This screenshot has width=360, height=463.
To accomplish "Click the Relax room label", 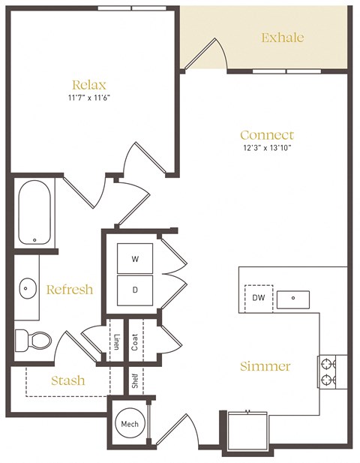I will tap(88, 84).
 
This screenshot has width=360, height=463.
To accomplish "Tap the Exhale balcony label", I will tap(282, 37).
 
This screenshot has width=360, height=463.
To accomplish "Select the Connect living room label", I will tap(266, 135).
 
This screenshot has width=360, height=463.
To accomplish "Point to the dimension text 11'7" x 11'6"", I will tap(88, 98).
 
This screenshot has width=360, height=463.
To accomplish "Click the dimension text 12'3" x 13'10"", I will tap(266, 149).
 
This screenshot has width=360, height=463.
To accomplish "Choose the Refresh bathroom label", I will tap(70, 290).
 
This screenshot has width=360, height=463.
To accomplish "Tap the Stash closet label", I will tap(68, 380).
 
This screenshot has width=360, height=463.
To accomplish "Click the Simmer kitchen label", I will tap(265, 366).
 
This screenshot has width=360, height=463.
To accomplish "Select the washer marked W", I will tap(135, 259).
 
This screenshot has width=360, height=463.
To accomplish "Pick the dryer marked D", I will tap(135, 288).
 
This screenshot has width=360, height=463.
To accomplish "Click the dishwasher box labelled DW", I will tap(257, 298).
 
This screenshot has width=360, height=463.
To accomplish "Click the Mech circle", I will tap(127, 425).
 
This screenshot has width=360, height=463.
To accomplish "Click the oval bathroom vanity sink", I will tap(28, 287).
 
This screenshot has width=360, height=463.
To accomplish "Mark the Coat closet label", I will tap(135, 341).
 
